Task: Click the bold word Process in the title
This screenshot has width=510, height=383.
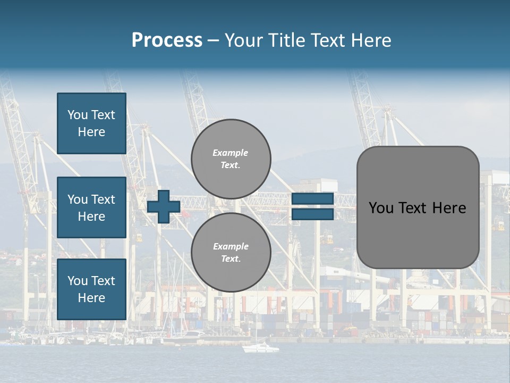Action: point(167,40)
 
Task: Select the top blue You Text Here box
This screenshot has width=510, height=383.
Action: point(91,123)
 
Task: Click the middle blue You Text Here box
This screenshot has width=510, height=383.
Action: point(91,207)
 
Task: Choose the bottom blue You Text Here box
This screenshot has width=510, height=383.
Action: point(91,289)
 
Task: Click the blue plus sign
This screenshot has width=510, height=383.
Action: point(164,207)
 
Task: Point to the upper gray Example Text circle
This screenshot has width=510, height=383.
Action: point(231,159)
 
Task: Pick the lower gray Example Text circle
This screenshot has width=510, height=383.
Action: point(231,253)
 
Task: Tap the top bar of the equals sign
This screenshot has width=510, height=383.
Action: point(312,199)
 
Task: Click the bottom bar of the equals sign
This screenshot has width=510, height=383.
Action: point(312,214)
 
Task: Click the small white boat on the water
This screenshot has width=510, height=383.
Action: point(260,348)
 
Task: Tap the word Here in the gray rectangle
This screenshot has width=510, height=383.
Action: point(449,208)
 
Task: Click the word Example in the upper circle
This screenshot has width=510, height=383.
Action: point(230,153)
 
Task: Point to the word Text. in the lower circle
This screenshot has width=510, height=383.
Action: point(231,259)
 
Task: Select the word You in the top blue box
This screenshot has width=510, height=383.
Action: point(78,115)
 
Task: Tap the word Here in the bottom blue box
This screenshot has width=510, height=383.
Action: point(91,298)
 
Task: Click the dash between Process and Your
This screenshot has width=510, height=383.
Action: point(213,40)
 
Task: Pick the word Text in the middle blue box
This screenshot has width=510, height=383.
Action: point(103,199)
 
